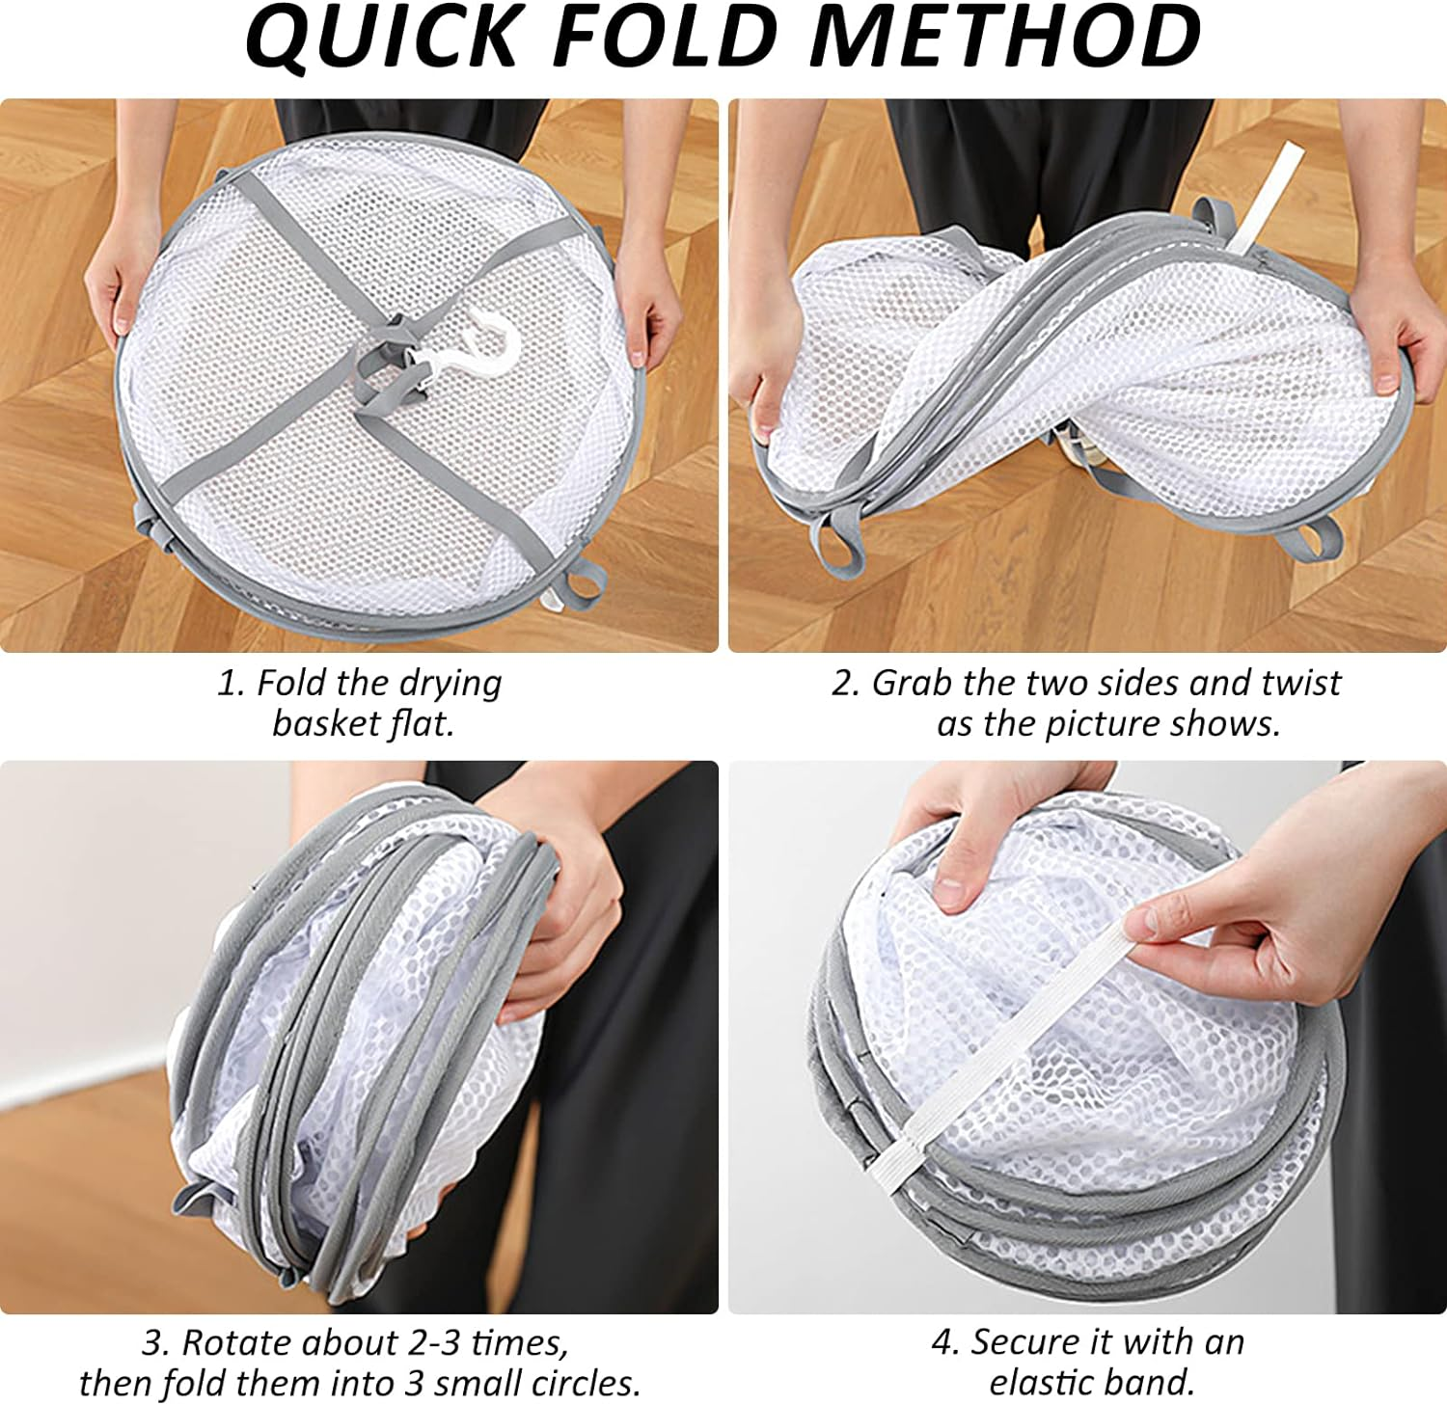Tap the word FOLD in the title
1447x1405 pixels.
(666, 37)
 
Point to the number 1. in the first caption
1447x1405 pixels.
(232, 683)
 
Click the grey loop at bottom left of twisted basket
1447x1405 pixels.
(835, 545)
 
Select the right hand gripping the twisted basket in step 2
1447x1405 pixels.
(1393, 338)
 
